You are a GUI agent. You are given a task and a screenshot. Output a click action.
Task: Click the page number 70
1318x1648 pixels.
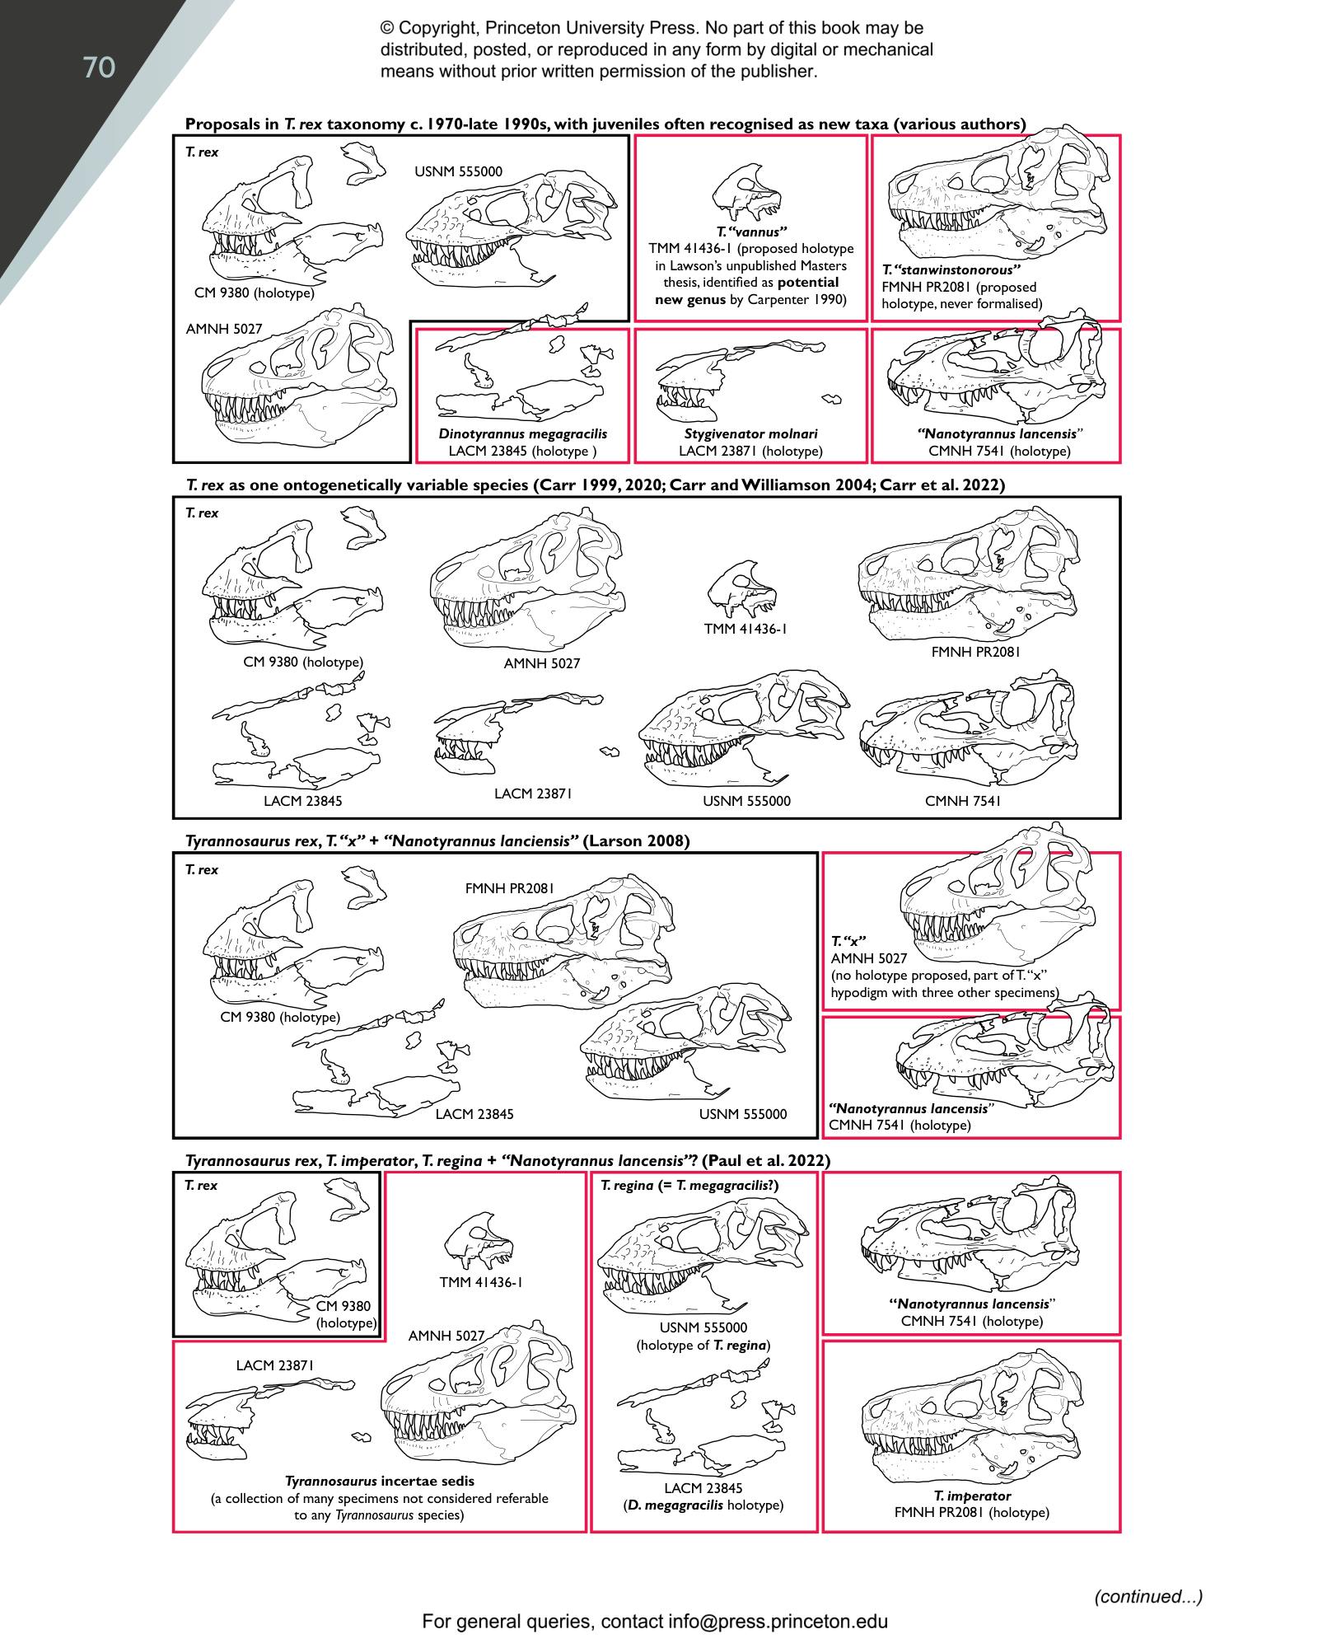tap(99, 68)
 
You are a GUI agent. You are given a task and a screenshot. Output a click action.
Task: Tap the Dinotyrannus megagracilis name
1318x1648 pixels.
tap(522, 434)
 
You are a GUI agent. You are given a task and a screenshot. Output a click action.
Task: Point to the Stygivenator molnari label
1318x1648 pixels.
tap(750, 434)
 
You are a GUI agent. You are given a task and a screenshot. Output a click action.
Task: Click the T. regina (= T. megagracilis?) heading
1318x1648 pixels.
tap(689, 1186)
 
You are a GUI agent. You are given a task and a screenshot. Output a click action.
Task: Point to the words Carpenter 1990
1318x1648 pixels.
tap(798, 299)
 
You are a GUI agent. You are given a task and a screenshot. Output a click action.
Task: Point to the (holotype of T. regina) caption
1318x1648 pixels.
tap(703, 1346)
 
